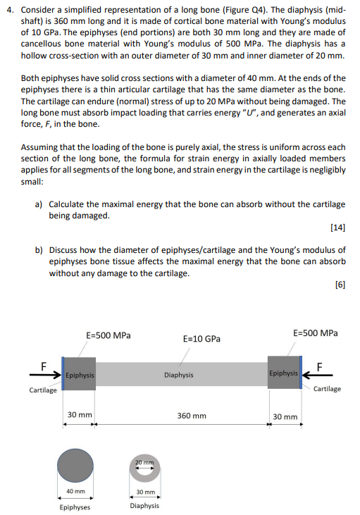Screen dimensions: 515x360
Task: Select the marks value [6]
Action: (340, 285)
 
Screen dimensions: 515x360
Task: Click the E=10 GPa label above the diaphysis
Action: (201, 339)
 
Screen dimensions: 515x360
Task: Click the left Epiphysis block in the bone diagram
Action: (77, 375)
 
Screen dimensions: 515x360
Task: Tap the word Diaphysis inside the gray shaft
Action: (179, 375)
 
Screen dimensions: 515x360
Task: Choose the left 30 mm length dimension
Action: (79, 415)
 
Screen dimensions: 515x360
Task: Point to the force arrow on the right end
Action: (315, 374)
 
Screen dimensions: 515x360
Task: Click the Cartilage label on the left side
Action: (42, 390)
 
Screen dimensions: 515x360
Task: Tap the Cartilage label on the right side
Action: (327, 388)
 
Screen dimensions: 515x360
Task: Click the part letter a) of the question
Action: (39, 204)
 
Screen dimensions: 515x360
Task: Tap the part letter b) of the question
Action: (39, 250)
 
